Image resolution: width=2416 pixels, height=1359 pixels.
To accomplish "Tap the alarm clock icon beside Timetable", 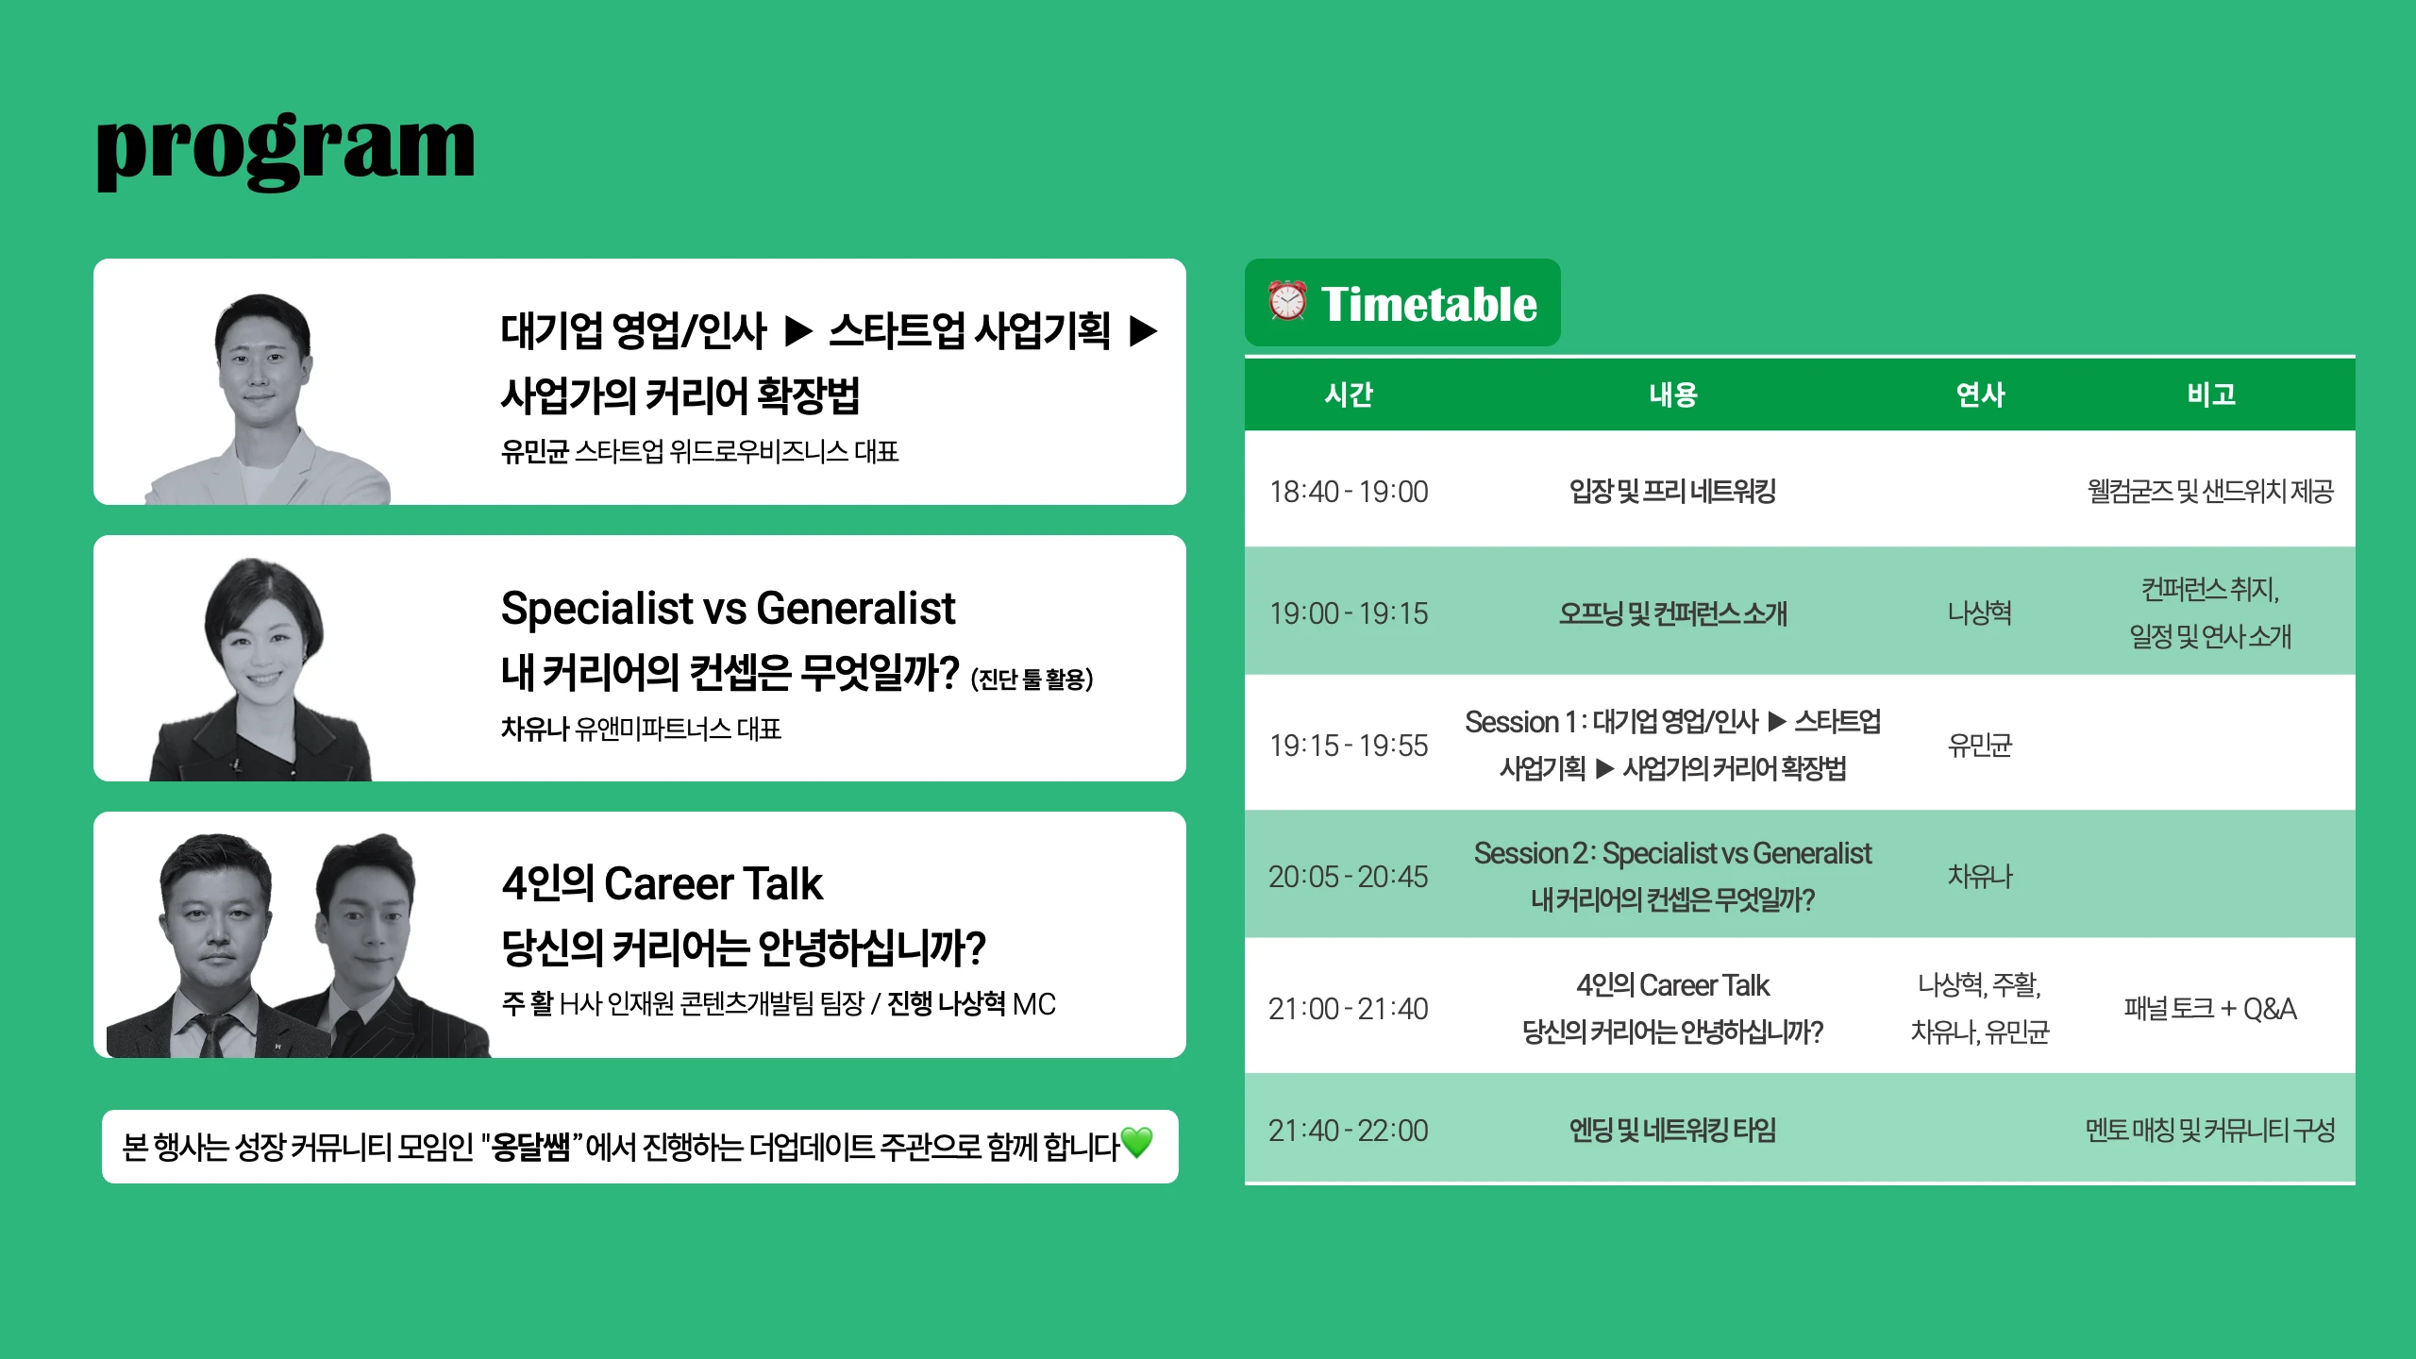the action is tap(1287, 302).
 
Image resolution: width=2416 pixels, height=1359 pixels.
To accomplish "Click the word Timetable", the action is tap(1429, 304).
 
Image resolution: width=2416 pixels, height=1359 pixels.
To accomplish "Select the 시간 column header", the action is tap(1349, 394).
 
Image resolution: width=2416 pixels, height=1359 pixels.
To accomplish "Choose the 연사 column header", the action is tap(1980, 394).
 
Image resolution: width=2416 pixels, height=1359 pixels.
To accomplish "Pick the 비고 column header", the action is tap(2211, 394).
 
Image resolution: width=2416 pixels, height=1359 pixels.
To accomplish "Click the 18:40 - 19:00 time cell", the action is tap(1349, 492).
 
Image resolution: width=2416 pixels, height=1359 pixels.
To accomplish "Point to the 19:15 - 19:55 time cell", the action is tap(1349, 746).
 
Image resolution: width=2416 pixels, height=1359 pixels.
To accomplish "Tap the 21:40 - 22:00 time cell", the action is tap(1349, 1131).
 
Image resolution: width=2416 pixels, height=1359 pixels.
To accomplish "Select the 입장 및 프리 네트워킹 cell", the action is tap(1672, 491).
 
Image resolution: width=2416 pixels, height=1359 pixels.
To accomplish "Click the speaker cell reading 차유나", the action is tap(1980, 877).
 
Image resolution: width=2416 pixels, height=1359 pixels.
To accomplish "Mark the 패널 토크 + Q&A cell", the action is tap(2210, 1009).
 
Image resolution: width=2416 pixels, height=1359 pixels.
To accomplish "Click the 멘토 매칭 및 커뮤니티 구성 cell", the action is tap(2210, 1130).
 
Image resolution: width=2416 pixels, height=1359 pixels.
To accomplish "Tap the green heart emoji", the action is tap(1137, 1143).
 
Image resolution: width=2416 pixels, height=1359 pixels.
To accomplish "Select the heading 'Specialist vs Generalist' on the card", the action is tap(728, 608).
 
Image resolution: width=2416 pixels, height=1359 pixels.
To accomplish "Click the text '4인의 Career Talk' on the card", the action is tap(662, 884).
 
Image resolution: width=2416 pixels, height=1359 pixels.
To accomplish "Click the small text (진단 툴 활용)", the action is tap(1032, 679).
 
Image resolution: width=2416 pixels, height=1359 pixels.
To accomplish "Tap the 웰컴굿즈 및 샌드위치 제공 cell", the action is tap(2210, 491).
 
